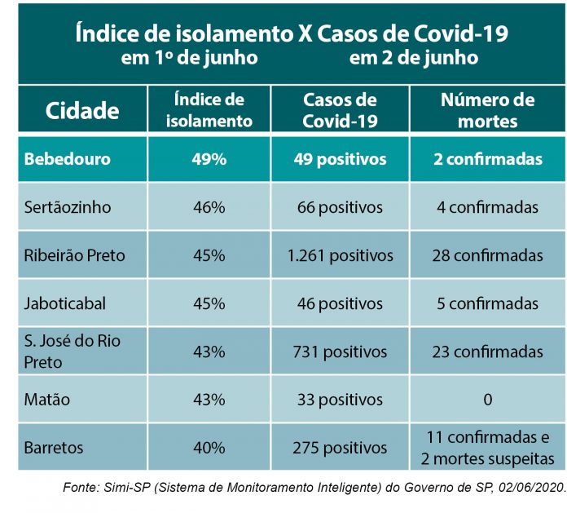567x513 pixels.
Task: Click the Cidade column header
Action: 82,111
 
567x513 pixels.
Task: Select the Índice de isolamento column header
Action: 209,111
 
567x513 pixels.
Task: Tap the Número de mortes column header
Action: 487,111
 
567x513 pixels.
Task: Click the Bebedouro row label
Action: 67,159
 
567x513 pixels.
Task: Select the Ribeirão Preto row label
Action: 74,255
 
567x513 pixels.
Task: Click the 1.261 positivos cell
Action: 340,255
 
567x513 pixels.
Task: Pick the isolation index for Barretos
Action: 209,448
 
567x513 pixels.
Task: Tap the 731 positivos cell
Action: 340,352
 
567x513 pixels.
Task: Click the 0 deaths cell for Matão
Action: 487,400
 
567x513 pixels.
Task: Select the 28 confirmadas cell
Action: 487,255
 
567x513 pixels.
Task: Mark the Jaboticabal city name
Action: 65,303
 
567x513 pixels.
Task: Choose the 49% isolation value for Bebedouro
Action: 209,159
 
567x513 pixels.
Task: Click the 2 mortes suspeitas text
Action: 487,458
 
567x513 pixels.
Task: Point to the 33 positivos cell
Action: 340,400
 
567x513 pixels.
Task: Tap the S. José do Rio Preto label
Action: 72,351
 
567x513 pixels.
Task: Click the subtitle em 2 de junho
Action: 414,59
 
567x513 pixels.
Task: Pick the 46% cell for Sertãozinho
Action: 209,207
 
